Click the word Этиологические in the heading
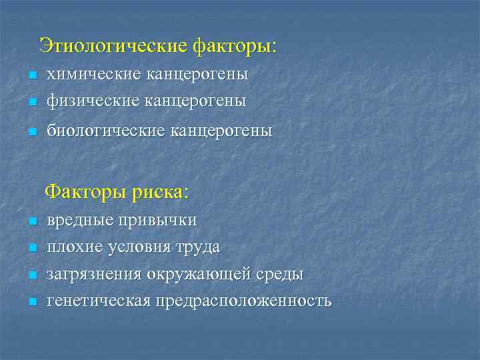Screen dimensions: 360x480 tap(113, 46)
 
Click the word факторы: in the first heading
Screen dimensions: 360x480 tap(234, 46)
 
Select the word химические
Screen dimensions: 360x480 tap(89, 75)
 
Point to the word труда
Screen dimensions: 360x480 tap(199, 247)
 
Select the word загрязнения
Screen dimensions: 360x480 tap(94, 274)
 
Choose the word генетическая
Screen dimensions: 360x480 tap(99, 301)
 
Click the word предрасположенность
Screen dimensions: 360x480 tap(243, 301)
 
